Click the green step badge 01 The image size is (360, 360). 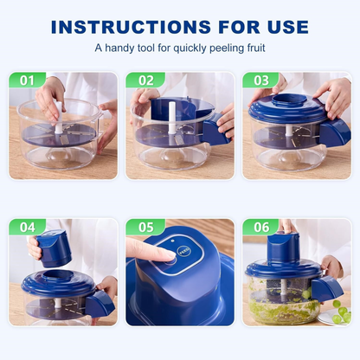pyautogui.click(x=27, y=80)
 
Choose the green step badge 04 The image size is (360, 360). pyautogui.click(x=27, y=228)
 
